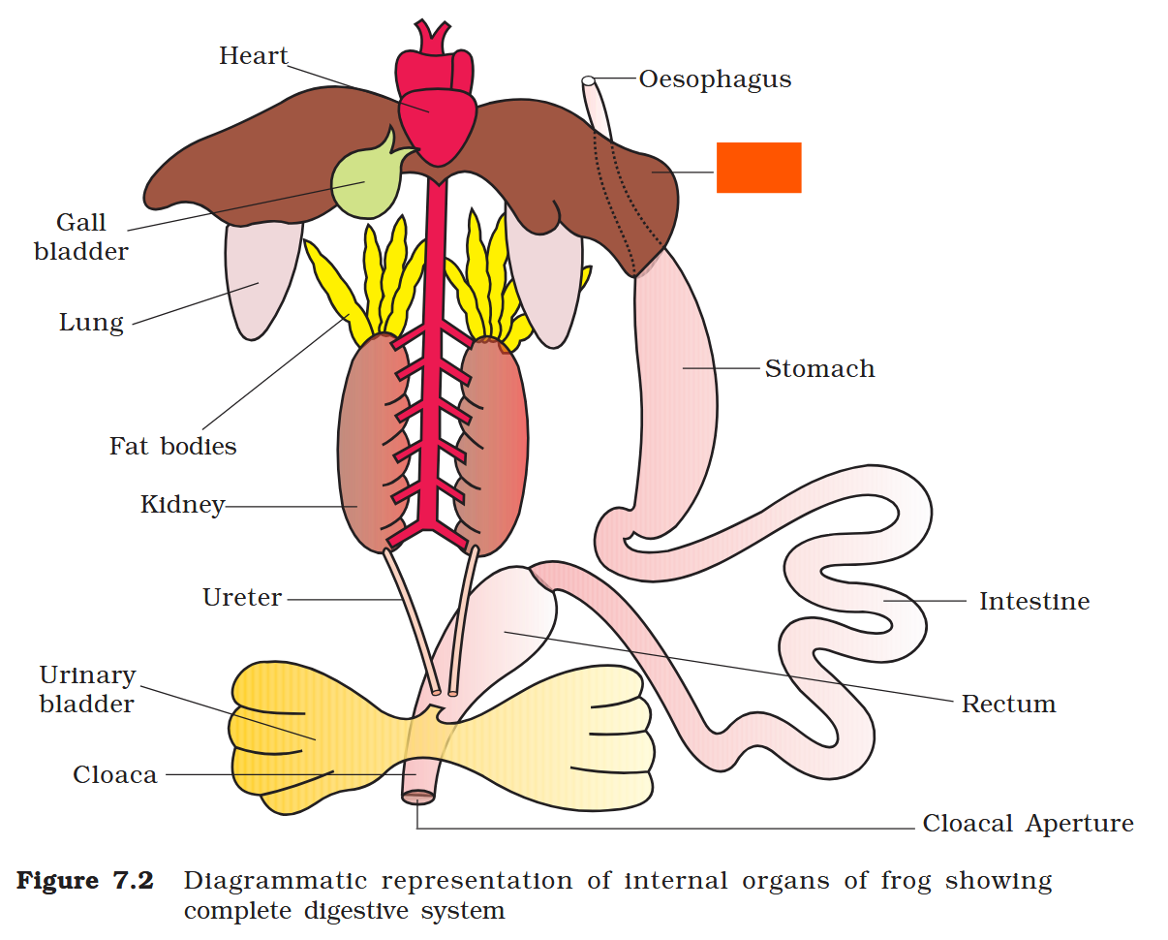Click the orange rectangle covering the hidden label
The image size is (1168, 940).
(758, 168)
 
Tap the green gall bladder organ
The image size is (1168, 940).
(365, 182)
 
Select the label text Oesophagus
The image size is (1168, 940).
(715, 79)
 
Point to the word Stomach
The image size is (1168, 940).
(819, 369)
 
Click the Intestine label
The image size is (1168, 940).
(1033, 602)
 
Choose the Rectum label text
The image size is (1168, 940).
(1008, 705)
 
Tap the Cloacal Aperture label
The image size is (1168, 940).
(1028, 824)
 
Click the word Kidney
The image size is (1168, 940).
(182, 505)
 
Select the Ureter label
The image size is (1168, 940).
(242, 598)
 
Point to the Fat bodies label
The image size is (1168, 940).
(172, 447)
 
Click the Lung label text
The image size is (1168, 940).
(91, 323)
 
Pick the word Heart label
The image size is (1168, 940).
(253, 56)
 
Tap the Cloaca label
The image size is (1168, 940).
(114, 775)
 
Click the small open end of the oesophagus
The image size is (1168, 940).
(588, 80)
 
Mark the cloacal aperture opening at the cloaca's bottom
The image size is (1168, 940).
(418, 797)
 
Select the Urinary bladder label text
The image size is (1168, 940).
(87, 689)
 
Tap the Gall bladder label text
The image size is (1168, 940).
(81, 237)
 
